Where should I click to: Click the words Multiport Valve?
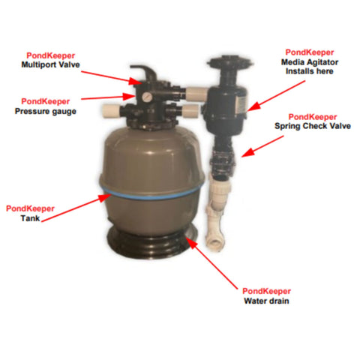(51, 64)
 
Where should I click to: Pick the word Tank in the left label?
(31, 219)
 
